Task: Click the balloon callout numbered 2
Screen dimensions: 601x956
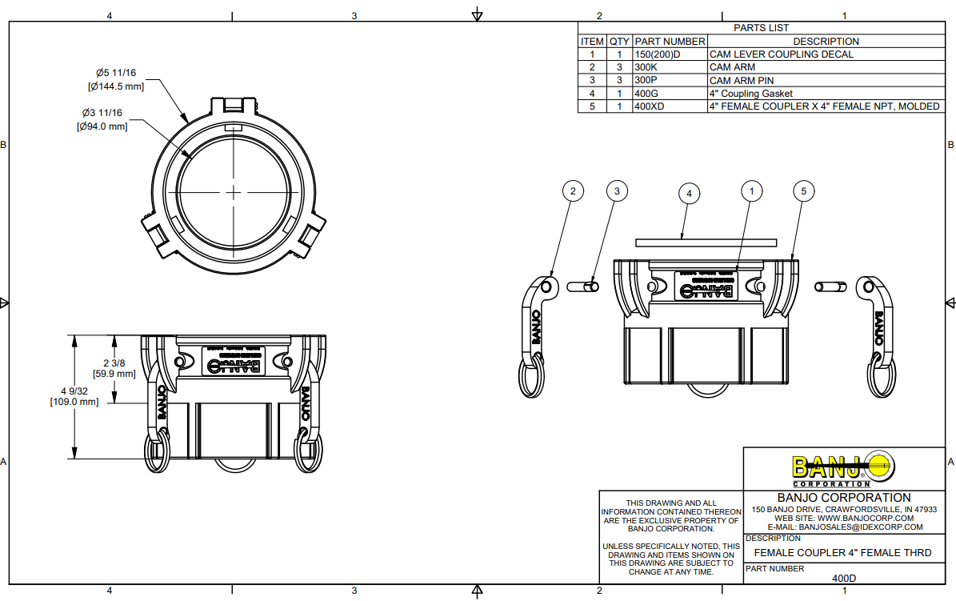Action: click(x=572, y=191)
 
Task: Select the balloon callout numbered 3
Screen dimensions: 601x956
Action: click(x=616, y=191)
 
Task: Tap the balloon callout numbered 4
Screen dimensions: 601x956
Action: click(x=688, y=193)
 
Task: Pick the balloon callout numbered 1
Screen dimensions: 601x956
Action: click(x=751, y=191)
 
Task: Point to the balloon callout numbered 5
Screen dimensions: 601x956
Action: click(x=804, y=191)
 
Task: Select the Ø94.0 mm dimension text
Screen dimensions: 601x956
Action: click(x=102, y=126)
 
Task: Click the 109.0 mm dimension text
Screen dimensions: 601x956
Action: click(x=74, y=402)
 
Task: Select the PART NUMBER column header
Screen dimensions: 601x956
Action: click(x=670, y=41)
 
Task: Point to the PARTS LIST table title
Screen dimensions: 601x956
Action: click(x=761, y=28)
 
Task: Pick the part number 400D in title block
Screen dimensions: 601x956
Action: click(x=844, y=578)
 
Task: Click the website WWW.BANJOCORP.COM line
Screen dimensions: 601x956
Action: click(x=844, y=519)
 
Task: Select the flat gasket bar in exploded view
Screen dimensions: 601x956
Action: click(x=706, y=242)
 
